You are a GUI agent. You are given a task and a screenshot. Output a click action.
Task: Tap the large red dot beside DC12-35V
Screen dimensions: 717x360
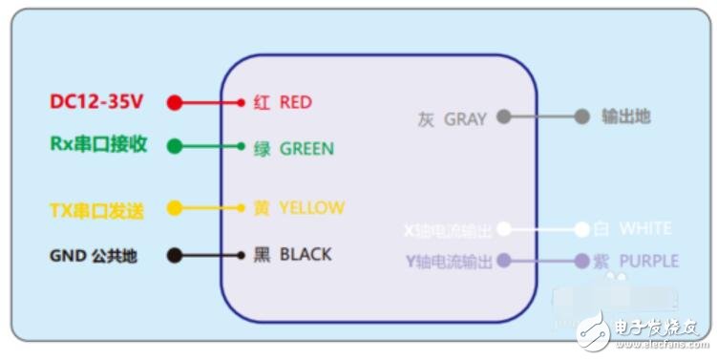(174, 102)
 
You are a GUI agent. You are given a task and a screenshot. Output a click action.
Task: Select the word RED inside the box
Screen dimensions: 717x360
(295, 102)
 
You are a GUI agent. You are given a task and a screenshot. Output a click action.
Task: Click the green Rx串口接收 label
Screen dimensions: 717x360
(98, 145)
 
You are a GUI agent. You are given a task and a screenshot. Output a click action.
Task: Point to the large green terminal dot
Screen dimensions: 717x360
(174, 146)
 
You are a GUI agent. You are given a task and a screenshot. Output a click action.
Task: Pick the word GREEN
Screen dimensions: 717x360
(306, 149)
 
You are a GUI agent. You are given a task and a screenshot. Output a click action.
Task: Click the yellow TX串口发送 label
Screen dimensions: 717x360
(96, 210)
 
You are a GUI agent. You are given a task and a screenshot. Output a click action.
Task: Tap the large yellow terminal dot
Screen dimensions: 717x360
(174, 207)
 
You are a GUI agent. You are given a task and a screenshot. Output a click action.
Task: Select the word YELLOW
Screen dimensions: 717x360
(312, 208)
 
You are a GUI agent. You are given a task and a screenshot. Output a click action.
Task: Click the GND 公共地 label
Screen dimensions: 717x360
(94, 256)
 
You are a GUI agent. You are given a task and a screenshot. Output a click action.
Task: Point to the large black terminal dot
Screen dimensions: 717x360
(174, 255)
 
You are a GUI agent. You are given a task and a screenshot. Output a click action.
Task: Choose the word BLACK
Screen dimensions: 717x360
(306, 255)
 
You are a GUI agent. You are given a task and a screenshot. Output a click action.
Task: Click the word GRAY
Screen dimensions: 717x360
(465, 119)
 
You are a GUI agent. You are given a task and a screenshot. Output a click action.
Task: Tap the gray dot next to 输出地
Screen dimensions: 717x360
(581, 117)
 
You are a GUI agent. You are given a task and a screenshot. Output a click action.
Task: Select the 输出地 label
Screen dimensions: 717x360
(625, 116)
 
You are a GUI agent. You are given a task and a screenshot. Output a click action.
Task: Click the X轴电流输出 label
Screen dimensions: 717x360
(447, 231)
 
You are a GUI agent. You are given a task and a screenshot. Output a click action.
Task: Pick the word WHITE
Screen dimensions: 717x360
(645, 229)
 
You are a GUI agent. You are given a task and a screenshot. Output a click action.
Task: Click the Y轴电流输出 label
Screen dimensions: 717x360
(448, 261)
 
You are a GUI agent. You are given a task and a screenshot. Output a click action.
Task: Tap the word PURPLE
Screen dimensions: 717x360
(648, 261)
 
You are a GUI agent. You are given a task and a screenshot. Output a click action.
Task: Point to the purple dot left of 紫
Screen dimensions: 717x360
(581, 260)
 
